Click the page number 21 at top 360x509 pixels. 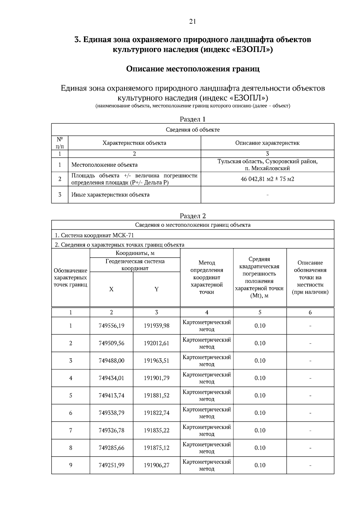click(x=193, y=21)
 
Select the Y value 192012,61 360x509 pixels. click(x=156, y=343)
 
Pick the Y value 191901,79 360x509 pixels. click(x=156, y=378)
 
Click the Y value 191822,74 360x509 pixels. click(x=156, y=413)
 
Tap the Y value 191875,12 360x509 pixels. click(x=156, y=448)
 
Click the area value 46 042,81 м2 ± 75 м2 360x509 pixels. click(x=267, y=179)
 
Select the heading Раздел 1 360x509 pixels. click(x=193, y=119)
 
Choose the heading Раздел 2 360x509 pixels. click(x=193, y=216)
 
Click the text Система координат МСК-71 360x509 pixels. click(x=96, y=235)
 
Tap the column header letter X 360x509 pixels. click(x=111, y=289)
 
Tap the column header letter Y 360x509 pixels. click(x=156, y=289)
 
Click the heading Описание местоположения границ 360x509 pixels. click(x=193, y=69)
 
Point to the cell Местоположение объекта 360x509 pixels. click(x=104, y=165)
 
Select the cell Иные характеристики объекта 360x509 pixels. click(x=110, y=195)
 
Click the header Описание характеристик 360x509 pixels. click(x=267, y=143)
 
